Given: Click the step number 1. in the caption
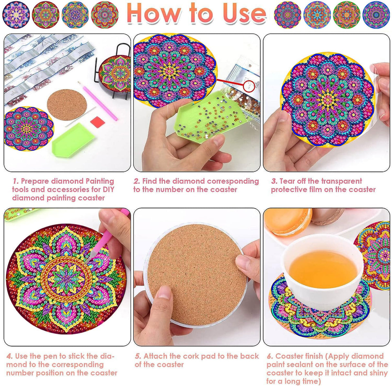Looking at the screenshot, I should [15, 181].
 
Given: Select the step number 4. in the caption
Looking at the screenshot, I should [10, 356].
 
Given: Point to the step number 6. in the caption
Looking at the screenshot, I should [270, 356].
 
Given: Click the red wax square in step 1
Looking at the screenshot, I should [96, 122].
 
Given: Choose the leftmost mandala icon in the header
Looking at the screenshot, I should [16, 15].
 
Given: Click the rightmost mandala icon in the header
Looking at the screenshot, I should [376, 15].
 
